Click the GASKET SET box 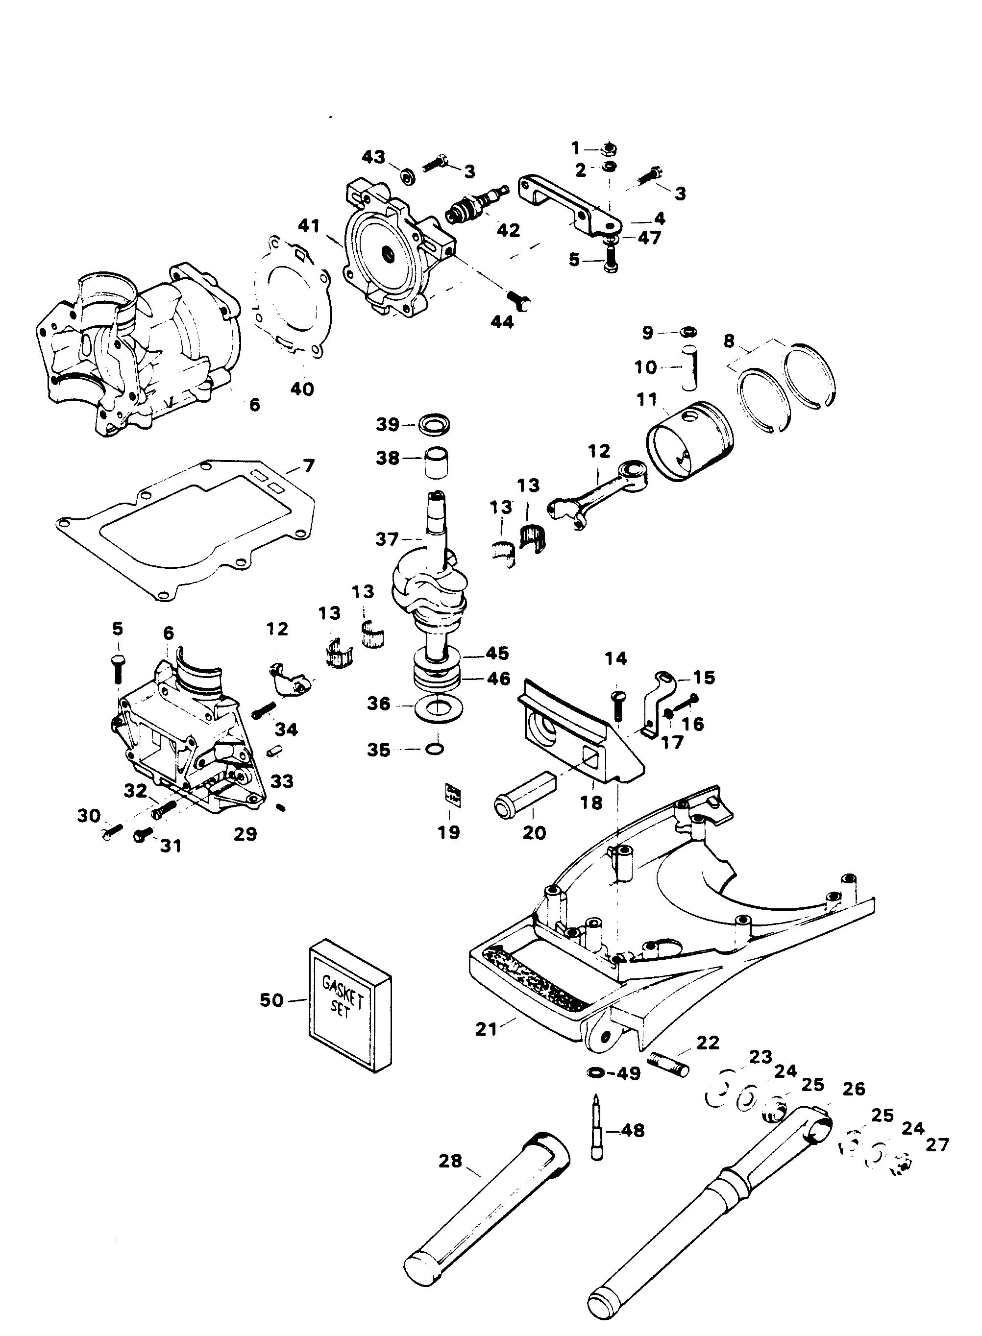point(349,1006)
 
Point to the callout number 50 point(271,1000)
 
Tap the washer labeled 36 point(438,708)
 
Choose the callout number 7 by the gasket point(309,465)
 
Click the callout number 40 point(302,389)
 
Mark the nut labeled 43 point(407,176)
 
